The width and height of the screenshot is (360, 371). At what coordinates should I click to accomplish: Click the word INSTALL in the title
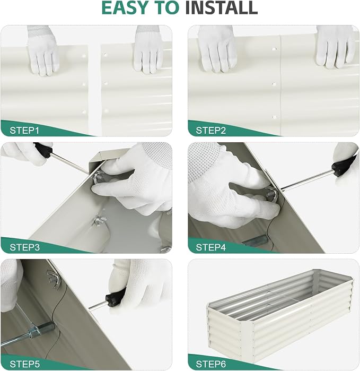tap(221, 7)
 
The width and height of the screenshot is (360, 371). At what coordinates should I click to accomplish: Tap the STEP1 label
tap(24, 131)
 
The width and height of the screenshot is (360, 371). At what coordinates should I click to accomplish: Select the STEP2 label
tap(211, 131)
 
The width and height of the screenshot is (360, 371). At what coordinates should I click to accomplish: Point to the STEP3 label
tap(25, 247)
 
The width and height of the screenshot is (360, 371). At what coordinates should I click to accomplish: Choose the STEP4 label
tap(211, 247)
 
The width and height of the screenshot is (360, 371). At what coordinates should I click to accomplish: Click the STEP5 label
tap(25, 364)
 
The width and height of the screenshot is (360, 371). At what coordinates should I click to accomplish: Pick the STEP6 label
tap(211, 364)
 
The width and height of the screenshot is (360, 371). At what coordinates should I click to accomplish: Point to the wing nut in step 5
tap(54, 279)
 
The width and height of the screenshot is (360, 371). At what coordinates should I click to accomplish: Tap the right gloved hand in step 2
tap(336, 47)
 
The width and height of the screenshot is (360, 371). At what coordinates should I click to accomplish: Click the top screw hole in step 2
tap(274, 49)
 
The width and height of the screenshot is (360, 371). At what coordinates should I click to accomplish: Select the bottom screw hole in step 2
tap(275, 117)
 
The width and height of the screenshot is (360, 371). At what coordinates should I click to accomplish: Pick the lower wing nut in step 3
tap(100, 220)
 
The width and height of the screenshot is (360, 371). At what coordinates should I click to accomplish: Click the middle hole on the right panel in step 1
tap(106, 83)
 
